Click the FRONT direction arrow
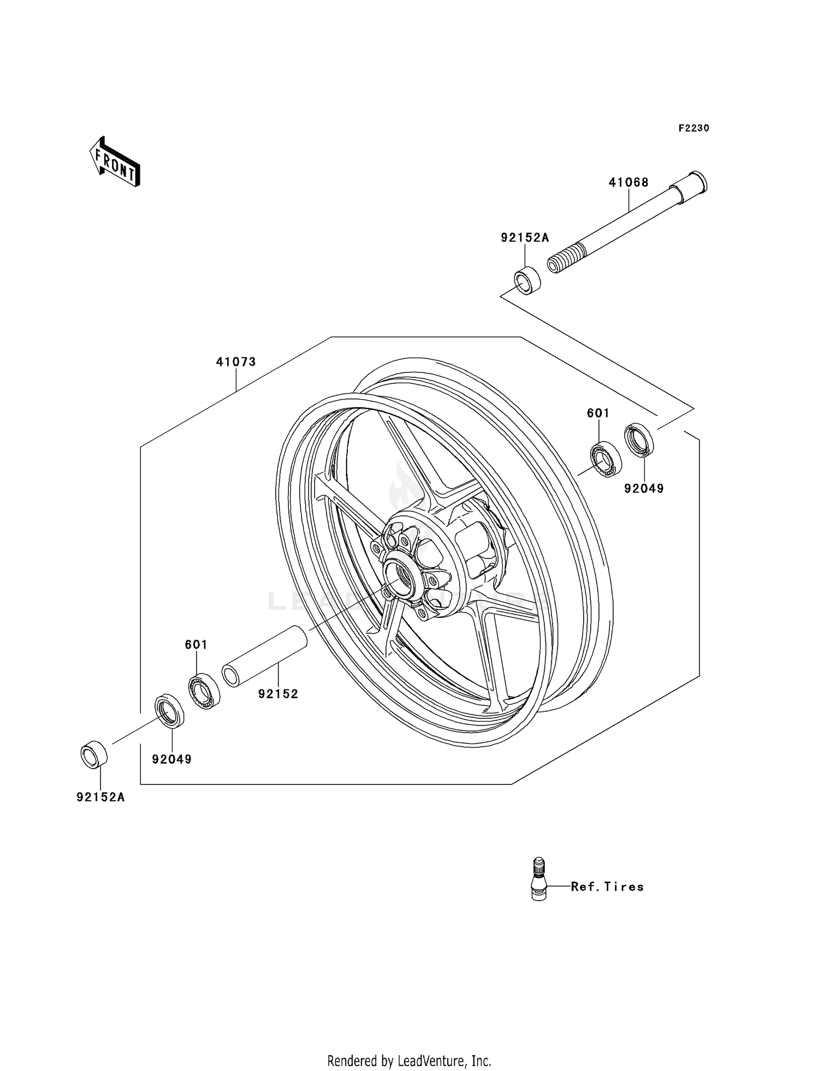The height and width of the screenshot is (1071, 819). [x=115, y=162]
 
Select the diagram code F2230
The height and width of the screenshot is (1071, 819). [x=693, y=128]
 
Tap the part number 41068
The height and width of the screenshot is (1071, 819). [x=628, y=182]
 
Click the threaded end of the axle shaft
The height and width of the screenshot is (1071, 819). [x=566, y=259]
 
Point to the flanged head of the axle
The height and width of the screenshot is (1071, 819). [x=692, y=187]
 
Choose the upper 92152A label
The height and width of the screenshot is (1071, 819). [x=525, y=237]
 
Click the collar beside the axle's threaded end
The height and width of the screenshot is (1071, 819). [x=527, y=281]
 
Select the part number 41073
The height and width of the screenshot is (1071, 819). [x=236, y=362]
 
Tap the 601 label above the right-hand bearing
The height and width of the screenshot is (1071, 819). [x=598, y=413]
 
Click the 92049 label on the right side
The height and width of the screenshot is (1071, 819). [x=644, y=489]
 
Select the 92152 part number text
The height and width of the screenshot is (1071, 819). [x=278, y=694]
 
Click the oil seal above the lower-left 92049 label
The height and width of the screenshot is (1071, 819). [x=170, y=711]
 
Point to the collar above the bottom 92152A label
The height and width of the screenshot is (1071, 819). [x=94, y=755]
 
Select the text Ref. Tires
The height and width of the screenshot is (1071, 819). [x=607, y=886]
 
